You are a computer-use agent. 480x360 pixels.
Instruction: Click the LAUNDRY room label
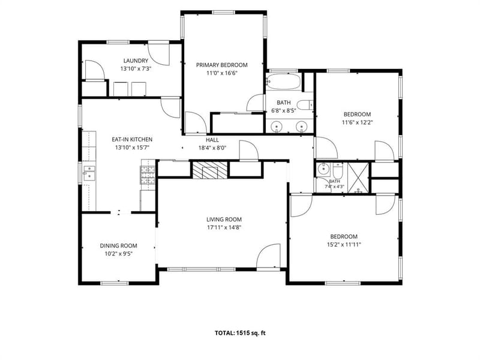[136, 61]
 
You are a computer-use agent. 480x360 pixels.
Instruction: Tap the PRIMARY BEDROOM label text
[221, 65]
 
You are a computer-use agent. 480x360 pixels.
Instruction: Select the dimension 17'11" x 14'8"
[224, 227]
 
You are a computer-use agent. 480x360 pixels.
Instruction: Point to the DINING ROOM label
[118, 245]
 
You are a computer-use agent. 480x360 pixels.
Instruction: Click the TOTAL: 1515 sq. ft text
[240, 333]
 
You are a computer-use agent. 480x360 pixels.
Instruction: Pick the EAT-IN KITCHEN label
[132, 139]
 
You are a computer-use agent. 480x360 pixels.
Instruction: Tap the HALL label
[212, 140]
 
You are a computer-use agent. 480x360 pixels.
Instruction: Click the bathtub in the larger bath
[283, 82]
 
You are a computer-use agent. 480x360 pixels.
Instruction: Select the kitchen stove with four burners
[148, 175]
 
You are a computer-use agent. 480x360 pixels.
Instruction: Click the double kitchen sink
[89, 173]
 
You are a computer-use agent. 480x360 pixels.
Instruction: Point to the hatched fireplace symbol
[210, 170]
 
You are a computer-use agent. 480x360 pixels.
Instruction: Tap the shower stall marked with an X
[358, 178]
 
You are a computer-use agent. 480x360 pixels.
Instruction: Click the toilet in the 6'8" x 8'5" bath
[305, 105]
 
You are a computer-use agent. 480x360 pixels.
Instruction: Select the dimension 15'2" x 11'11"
[344, 245]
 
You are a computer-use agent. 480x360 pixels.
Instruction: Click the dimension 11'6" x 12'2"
[357, 122]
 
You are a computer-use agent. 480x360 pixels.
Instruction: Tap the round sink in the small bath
[322, 169]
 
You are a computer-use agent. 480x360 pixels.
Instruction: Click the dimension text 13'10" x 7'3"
[136, 69]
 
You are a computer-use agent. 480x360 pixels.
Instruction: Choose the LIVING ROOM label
[224, 219]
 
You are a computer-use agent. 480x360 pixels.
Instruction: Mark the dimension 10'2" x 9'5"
[118, 254]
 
